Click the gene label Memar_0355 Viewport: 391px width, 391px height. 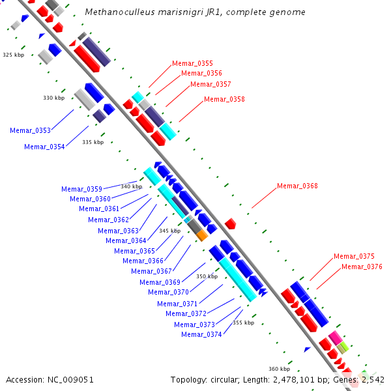click(192, 63)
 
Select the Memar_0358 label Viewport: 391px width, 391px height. click(224, 99)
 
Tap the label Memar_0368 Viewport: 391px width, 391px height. click(297, 186)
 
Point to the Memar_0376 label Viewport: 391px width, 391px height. click(362, 267)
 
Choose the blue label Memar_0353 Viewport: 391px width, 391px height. click(30, 130)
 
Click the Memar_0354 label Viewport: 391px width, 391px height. click(44, 147)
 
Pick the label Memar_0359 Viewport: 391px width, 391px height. click(81, 189)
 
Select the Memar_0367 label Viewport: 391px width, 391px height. click(151, 271)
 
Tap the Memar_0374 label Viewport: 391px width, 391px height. click(201, 334)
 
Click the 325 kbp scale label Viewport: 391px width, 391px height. click(13, 55)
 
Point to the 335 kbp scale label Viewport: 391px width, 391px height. click(93, 141)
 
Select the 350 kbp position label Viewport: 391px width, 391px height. click(207, 276)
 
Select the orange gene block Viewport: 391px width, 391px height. click(202, 235)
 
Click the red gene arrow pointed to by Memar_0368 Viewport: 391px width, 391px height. click(230, 224)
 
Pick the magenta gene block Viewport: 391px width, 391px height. click(335, 337)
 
